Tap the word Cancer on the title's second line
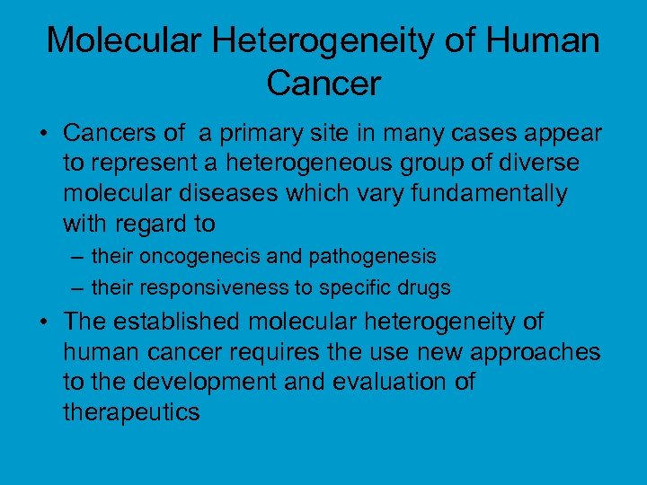pos(323,84)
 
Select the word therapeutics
pos(131,412)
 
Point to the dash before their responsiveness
pos(79,288)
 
